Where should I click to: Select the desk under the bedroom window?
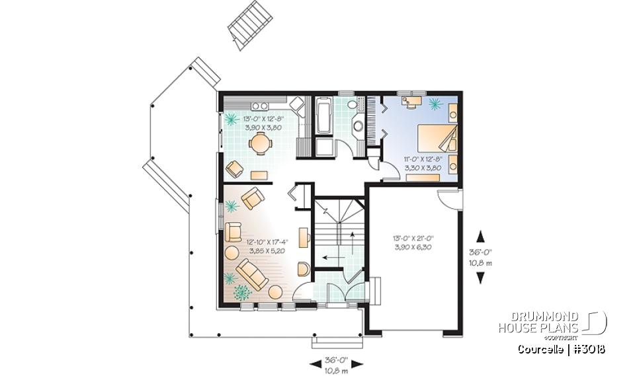tap(414, 102)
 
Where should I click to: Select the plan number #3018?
tap(589, 349)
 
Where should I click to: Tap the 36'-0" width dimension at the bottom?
tap(337, 360)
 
